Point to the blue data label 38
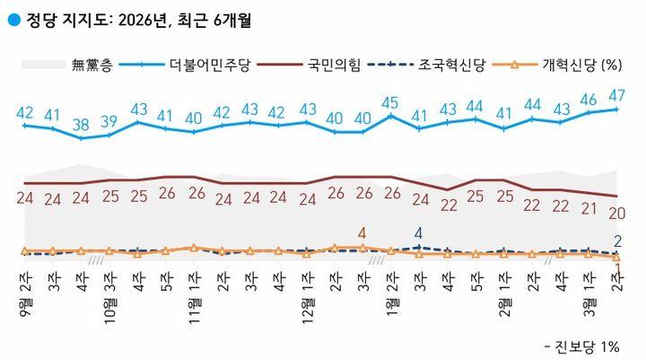(82, 124)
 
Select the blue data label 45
(390, 102)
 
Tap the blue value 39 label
(109, 121)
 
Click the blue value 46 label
(589, 99)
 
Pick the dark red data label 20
(616, 212)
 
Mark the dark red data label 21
(589, 208)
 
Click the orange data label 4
(362, 233)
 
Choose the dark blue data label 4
(418, 233)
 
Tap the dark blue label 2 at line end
(618, 241)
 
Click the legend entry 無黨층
(90, 64)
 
